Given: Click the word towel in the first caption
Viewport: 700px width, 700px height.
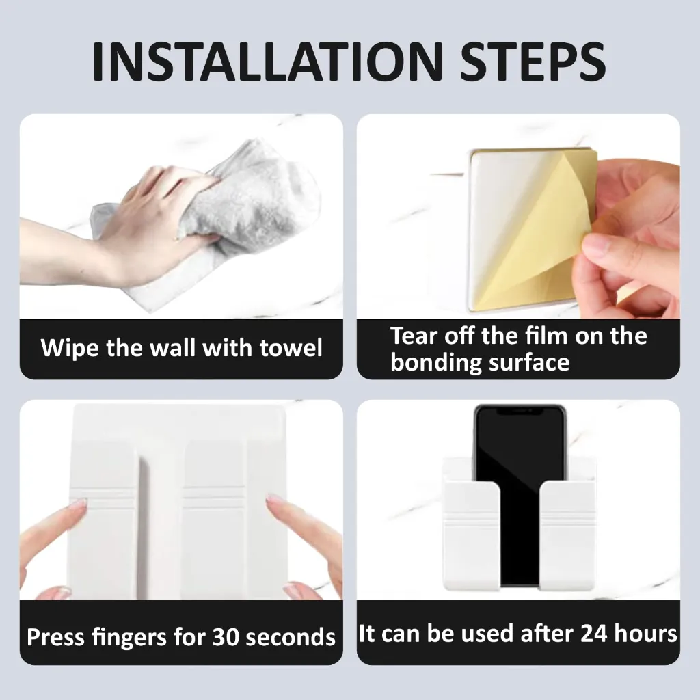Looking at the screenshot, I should click(x=291, y=348).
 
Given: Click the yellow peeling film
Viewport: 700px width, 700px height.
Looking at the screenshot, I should click(x=540, y=226).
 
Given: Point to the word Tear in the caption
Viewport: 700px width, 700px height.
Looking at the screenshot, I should click(x=414, y=336).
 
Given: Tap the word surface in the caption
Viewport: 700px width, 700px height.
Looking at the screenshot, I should click(x=528, y=362).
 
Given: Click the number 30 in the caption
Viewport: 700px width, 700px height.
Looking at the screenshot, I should click(x=226, y=637).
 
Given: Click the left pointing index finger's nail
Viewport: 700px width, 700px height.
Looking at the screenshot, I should click(x=79, y=504).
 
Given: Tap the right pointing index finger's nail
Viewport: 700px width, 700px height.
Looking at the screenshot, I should click(x=275, y=501).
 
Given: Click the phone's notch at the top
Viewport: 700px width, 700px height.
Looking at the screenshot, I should click(x=520, y=412).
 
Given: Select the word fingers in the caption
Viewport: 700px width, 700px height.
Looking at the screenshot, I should click(x=132, y=637).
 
